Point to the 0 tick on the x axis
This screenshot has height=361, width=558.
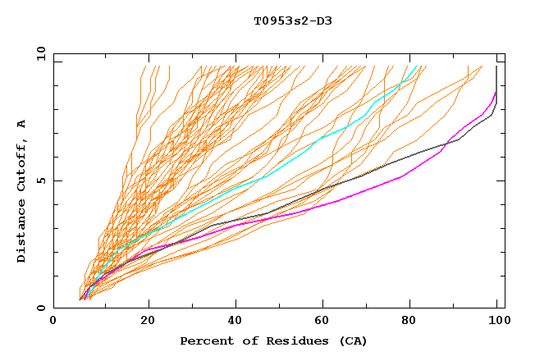(x=54, y=321)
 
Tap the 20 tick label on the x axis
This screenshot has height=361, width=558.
(x=147, y=321)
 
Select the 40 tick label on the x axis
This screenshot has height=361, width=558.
(x=236, y=321)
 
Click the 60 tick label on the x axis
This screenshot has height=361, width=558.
(x=325, y=321)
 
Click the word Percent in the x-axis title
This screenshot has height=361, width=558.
(x=206, y=340)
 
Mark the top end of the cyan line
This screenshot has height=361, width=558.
(x=418, y=66)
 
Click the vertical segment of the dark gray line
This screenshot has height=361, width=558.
(x=496, y=82)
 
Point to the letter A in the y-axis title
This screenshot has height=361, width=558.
(x=21, y=123)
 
